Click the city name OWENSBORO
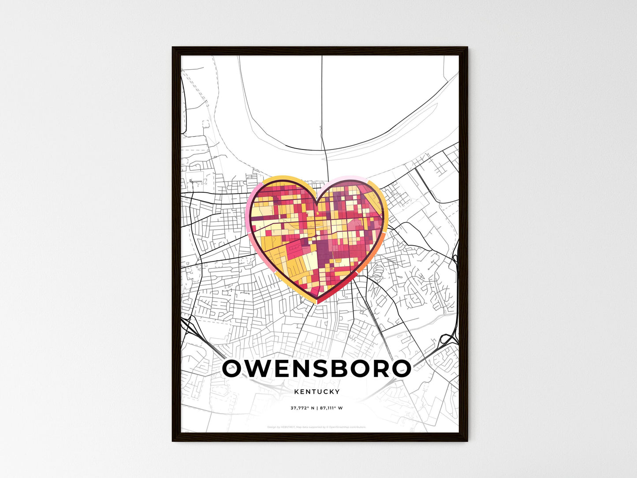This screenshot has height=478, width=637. coord(317,369)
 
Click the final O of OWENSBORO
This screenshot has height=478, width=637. coord(400,369)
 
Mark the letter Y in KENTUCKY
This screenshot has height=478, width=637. coord(338,392)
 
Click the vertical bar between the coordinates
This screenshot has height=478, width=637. coord(316,408)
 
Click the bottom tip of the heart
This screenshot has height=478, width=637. coord(318,302)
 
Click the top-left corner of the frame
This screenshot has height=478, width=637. coord(173,48)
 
